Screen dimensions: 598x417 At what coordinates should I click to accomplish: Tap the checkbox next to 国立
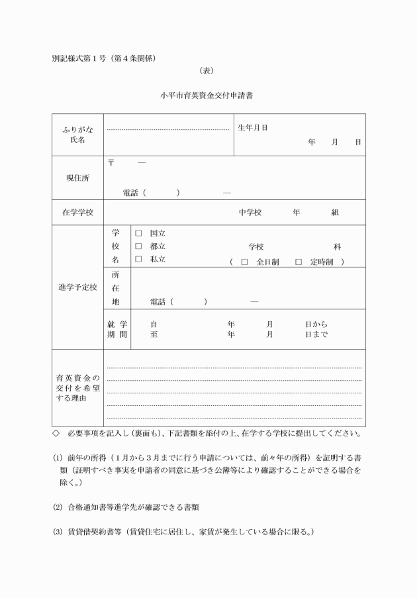(139, 233)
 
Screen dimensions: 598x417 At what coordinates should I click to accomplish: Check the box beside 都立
(139, 246)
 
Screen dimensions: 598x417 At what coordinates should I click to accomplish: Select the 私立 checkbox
(139, 260)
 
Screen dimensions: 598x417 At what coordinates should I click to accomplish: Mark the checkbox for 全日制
(245, 262)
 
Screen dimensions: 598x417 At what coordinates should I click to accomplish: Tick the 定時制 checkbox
(299, 262)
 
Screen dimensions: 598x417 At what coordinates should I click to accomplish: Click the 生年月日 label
(252, 128)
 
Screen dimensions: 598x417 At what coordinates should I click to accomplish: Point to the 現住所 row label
(77, 178)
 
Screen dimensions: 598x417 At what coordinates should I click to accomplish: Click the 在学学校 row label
(77, 213)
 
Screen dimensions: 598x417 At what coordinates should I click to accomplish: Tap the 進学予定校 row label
(77, 287)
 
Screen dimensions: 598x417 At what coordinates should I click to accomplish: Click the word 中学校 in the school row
(250, 213)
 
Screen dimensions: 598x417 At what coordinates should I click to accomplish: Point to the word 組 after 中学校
(335, 213)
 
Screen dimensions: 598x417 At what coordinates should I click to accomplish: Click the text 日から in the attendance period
(316, 324)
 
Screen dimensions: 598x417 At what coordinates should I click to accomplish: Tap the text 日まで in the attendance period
(316, 334)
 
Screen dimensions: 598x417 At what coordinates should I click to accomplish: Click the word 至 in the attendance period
(154, 334)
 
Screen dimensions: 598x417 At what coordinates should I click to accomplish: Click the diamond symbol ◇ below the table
(56, 434)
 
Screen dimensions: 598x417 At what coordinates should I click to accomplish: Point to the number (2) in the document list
(58, 507)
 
